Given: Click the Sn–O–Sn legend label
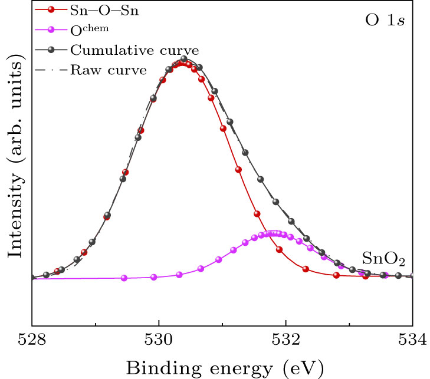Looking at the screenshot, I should [103, 11].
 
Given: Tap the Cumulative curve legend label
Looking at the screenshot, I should [118, 50].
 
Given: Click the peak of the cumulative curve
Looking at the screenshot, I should [184, 60].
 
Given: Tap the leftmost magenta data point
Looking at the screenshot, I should [124, 278].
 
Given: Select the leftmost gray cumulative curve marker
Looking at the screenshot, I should [46, 275].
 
